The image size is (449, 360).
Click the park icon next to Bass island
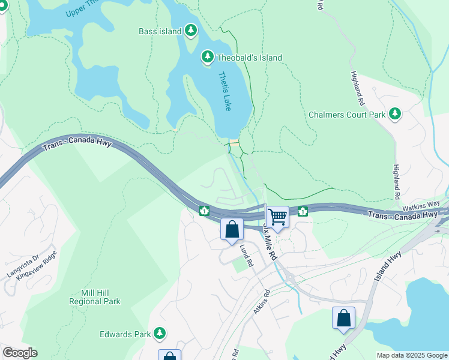tap(191, 31)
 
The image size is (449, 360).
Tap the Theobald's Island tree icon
tap(208, 57)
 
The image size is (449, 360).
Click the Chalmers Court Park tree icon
tap(395, 113)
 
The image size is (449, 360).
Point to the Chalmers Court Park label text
tap(348, 114)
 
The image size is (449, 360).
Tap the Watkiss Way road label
tap(420, 205)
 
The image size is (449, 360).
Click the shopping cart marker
tap(277, 217)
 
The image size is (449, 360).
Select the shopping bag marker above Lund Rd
tap(232, 230)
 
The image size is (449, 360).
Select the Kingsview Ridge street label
tap(37, 263)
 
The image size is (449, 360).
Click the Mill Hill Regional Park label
tap(95, 297)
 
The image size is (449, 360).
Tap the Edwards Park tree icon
tap(159, 332)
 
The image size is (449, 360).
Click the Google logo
tap(20, 353)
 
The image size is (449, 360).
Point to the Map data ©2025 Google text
tap(411, 355)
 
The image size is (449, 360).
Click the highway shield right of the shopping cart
tap(303, 211)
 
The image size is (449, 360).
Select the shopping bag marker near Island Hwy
tap(343, 318)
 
